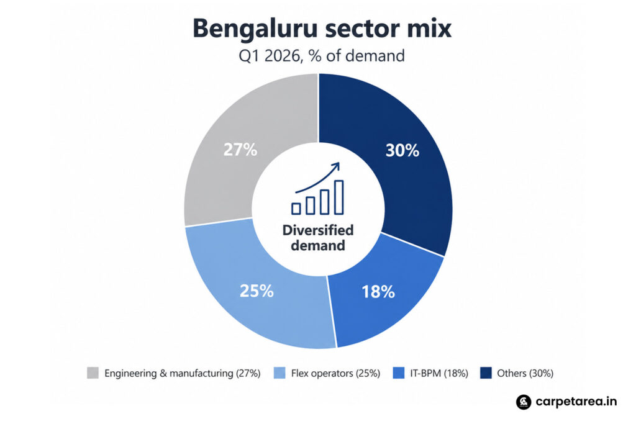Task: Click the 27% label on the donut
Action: pos(240,150)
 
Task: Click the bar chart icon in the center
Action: pos(318,197)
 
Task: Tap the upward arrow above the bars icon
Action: pos(318,177)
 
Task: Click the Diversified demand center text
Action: pos(318,238)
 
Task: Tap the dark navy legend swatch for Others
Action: pos(486,373)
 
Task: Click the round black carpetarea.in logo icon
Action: pos(524,402)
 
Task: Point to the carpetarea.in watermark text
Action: pos(576,402)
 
